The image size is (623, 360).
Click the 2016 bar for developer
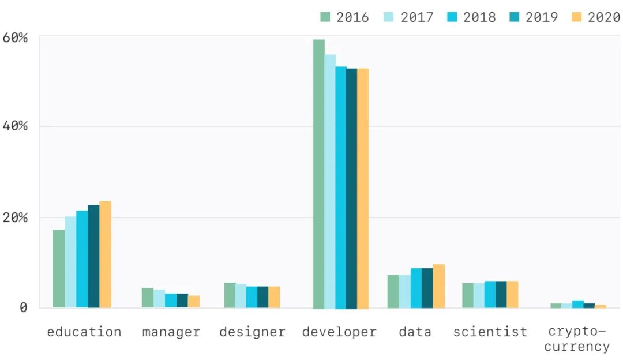coord(318,173)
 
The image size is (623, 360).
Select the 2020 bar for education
coord(105,254)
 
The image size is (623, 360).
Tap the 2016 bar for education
coord(59,269)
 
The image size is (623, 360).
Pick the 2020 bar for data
coord(438,286)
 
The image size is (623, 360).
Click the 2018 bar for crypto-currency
coord(577,304)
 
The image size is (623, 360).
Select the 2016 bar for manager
coord(148,298)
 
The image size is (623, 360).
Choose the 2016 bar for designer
coord(230,295)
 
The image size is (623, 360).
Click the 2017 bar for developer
coord(330,181)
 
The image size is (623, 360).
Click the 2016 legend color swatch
coord(326,17)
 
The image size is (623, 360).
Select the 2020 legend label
coord(604,17)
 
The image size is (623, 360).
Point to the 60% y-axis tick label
coord(16,38)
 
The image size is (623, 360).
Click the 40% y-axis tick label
coord(16,126)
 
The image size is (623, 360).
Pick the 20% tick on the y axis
coord(16,217)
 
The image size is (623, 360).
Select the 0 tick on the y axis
coord(23,307)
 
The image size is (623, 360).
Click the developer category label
coord(339,332)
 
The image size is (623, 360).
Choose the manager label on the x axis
coord(171,332)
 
